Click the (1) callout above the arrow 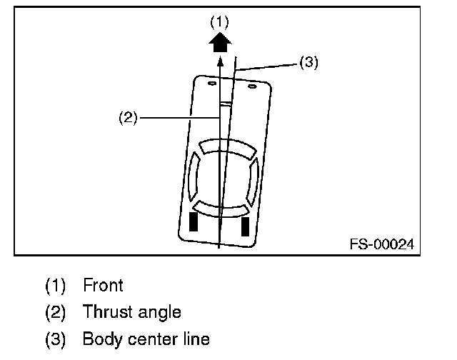(x=219, y=22)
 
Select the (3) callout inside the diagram (x=308, y=62)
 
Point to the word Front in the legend (x=103, y=286)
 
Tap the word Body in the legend (x=101, y=338)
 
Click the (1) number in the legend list (x=56, y=286)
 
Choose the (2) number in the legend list (x=56, y=312)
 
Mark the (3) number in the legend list (x=56, y=338)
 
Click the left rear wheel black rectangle (x=193, y=223)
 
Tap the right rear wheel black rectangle (x=245, y=225)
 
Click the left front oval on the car (x=211, y=85)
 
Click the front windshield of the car (x=228, y=149)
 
